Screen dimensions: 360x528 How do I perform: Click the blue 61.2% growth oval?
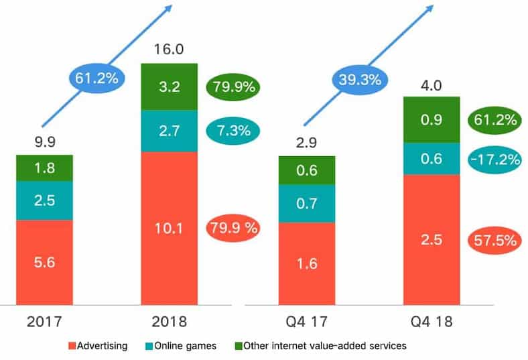(x=95, y=78)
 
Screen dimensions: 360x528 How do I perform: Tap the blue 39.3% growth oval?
(x=357, y=78)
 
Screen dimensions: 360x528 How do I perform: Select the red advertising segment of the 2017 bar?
(x=44, y=261)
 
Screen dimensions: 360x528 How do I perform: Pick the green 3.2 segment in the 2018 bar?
(x=169, y=87)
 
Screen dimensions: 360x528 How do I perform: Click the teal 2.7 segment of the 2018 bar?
(x=169, y=131)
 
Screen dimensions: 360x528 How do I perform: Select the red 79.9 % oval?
(x=232, y=228)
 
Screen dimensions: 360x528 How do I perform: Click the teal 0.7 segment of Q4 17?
(x=306, y=204)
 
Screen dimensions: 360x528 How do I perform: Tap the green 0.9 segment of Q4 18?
(x=431, y=119)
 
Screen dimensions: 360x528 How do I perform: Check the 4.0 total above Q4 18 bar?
(x=431, y=86)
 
